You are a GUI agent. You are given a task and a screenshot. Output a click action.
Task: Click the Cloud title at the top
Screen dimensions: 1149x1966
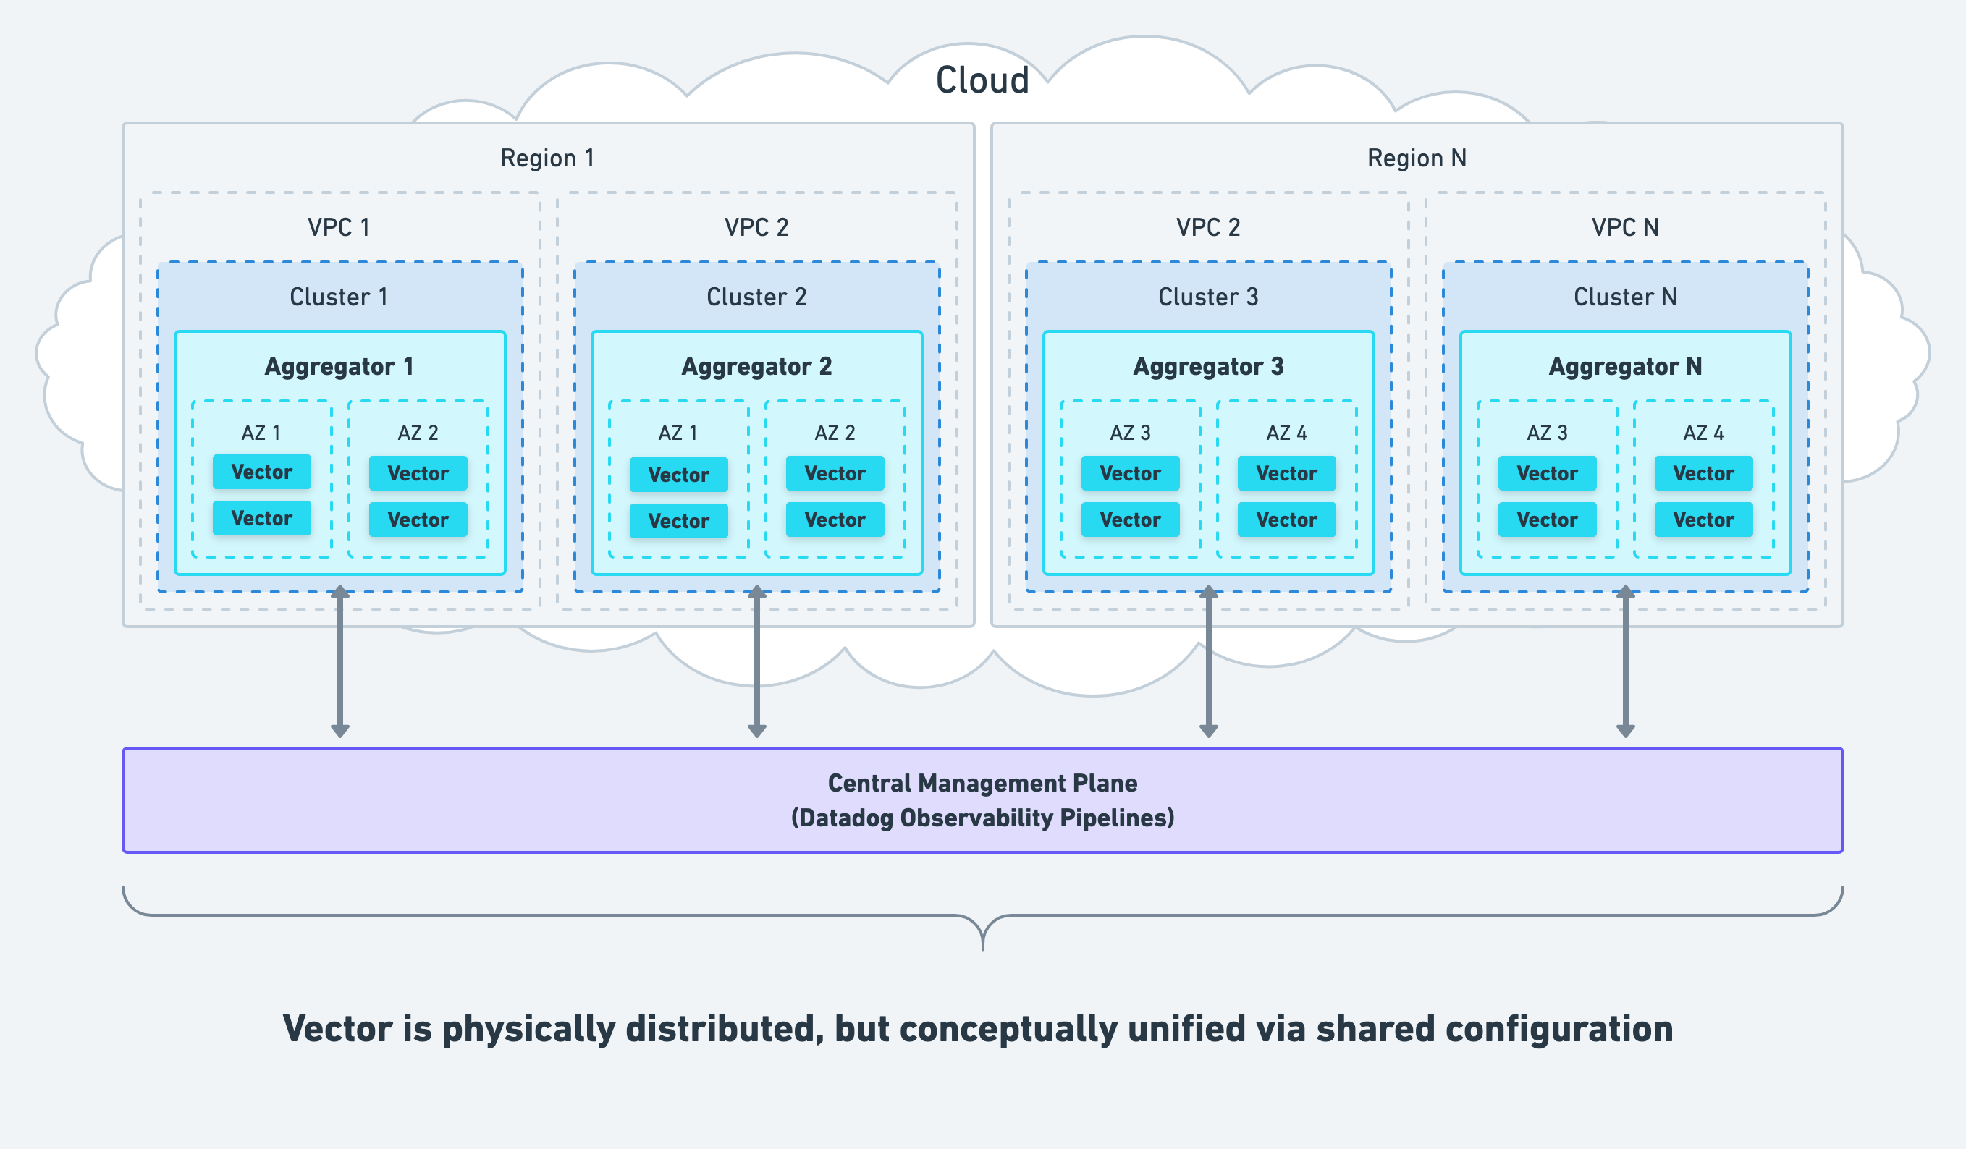click(x=982, y=80)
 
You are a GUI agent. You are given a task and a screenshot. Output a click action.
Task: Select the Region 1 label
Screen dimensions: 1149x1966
click(x=547, y=158)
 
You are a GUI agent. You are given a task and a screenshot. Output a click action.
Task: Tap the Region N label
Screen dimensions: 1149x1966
click(x=1416, y=158)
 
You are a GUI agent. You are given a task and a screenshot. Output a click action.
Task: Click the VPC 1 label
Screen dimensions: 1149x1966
click(x=339, y=228)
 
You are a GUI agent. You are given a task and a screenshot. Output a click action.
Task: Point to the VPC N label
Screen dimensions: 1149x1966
click(x=1625, y=228)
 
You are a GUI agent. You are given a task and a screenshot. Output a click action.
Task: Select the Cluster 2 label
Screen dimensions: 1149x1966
click(x=756, y=297)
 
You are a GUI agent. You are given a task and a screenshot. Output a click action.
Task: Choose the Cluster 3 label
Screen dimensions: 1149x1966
click(x=1207, y=297)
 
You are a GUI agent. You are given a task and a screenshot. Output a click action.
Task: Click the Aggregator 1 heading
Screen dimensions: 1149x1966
click(x=339, y=367)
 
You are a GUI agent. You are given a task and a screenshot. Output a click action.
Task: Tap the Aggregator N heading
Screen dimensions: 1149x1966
click(x=1625, y=367)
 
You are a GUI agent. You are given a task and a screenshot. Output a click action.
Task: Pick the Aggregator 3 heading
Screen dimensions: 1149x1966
click(x=1207, y=367)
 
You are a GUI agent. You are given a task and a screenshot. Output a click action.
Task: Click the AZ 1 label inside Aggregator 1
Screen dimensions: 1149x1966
click(x=261, y=433)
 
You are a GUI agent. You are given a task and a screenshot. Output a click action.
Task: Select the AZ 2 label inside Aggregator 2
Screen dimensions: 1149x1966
click(x=835, y=433)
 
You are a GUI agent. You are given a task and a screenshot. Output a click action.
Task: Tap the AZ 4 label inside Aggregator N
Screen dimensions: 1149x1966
click(x=1703, y=433)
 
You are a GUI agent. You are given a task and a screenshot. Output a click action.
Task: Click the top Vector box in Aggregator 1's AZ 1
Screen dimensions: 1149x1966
click(x=261, y=472)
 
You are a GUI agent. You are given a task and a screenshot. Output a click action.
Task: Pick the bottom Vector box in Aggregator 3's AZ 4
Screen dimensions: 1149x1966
click(x=1286, y=520)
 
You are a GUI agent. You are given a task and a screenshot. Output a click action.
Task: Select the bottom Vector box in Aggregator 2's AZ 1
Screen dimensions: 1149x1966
click(x=678, y=521)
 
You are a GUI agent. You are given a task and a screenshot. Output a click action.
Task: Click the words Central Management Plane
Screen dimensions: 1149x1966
click(x=982, y=783)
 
